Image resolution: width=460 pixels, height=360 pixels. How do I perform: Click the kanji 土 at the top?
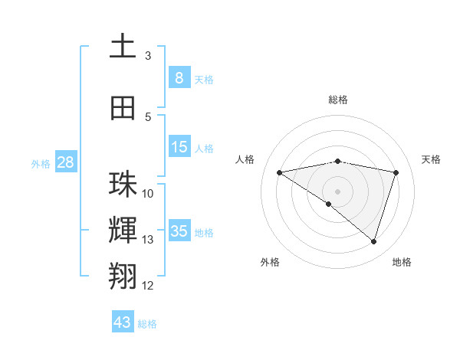pyautogui.click(x=123, y=46)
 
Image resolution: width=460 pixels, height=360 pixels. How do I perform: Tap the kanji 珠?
pyautogui.click(x=123, y=185)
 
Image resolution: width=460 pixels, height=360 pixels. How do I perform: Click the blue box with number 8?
pyautogui.click(x=179, y=77)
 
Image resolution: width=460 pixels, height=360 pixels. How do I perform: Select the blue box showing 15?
pyautogui.click(x=179, y=147)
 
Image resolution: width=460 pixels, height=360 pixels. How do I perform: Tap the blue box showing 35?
pyautogui.click(x=179, y=231)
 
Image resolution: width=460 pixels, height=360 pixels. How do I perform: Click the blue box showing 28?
pyautogui.click(x=64, y=162)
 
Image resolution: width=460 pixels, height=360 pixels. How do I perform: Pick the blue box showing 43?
pyautogui.click(x=123, y=322)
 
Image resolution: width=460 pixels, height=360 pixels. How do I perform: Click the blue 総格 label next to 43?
pyautogui.click(x=147, y=324)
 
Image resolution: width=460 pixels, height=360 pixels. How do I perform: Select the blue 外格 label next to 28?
pyautogui.click(x=41, y=163)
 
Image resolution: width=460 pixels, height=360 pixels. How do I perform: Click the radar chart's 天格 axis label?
pyautogui.click(x=431, y=159)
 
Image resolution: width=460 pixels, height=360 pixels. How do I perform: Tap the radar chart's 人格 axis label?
pyautogui.click(x=245, y=159)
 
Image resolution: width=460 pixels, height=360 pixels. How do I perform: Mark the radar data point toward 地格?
pyautogui.click(x=373, y=242)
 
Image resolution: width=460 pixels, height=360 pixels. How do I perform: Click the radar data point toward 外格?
pyautogui.click(x=329, y=204)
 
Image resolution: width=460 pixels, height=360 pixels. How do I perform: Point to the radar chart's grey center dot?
pyautogui.click(x=337, y=190)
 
